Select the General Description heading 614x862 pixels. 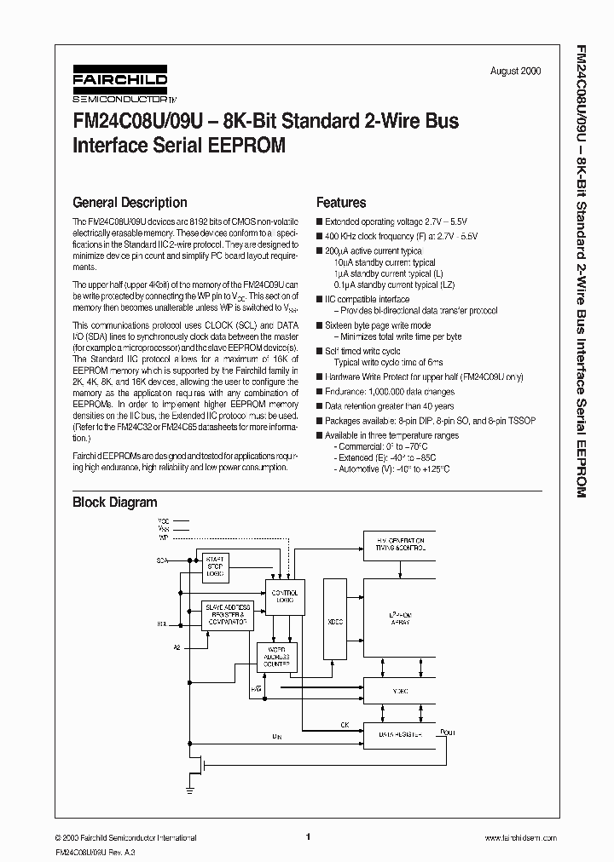[x=130, y=203]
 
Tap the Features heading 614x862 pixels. [x=341, y=203]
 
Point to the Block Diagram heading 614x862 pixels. [x=114, y=503]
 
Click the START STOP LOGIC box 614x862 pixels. [x=216, y=566]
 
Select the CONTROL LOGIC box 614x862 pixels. [x=285, y=595]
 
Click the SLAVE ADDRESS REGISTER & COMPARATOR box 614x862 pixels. [x=228, y=614]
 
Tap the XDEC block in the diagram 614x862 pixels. [x=336, y=622]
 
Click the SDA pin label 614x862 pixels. [x=162, y=561]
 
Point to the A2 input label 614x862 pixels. [x=177, y=648]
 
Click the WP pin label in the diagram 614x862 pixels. [x=164, y=538]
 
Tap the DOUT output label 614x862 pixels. [x=447, y=732]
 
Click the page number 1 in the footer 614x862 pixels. [x=307, y=836]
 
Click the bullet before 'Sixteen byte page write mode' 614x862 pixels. [x=319, y=325]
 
